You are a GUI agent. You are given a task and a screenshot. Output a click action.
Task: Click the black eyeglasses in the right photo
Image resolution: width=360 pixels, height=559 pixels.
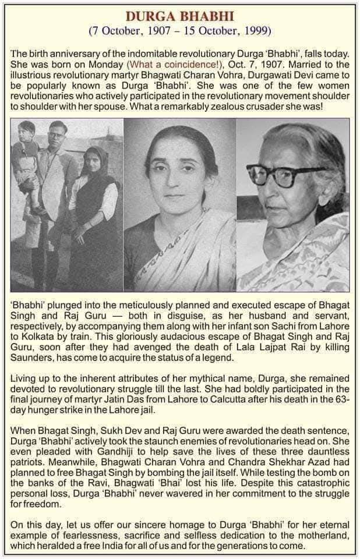(x=281, y=174)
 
